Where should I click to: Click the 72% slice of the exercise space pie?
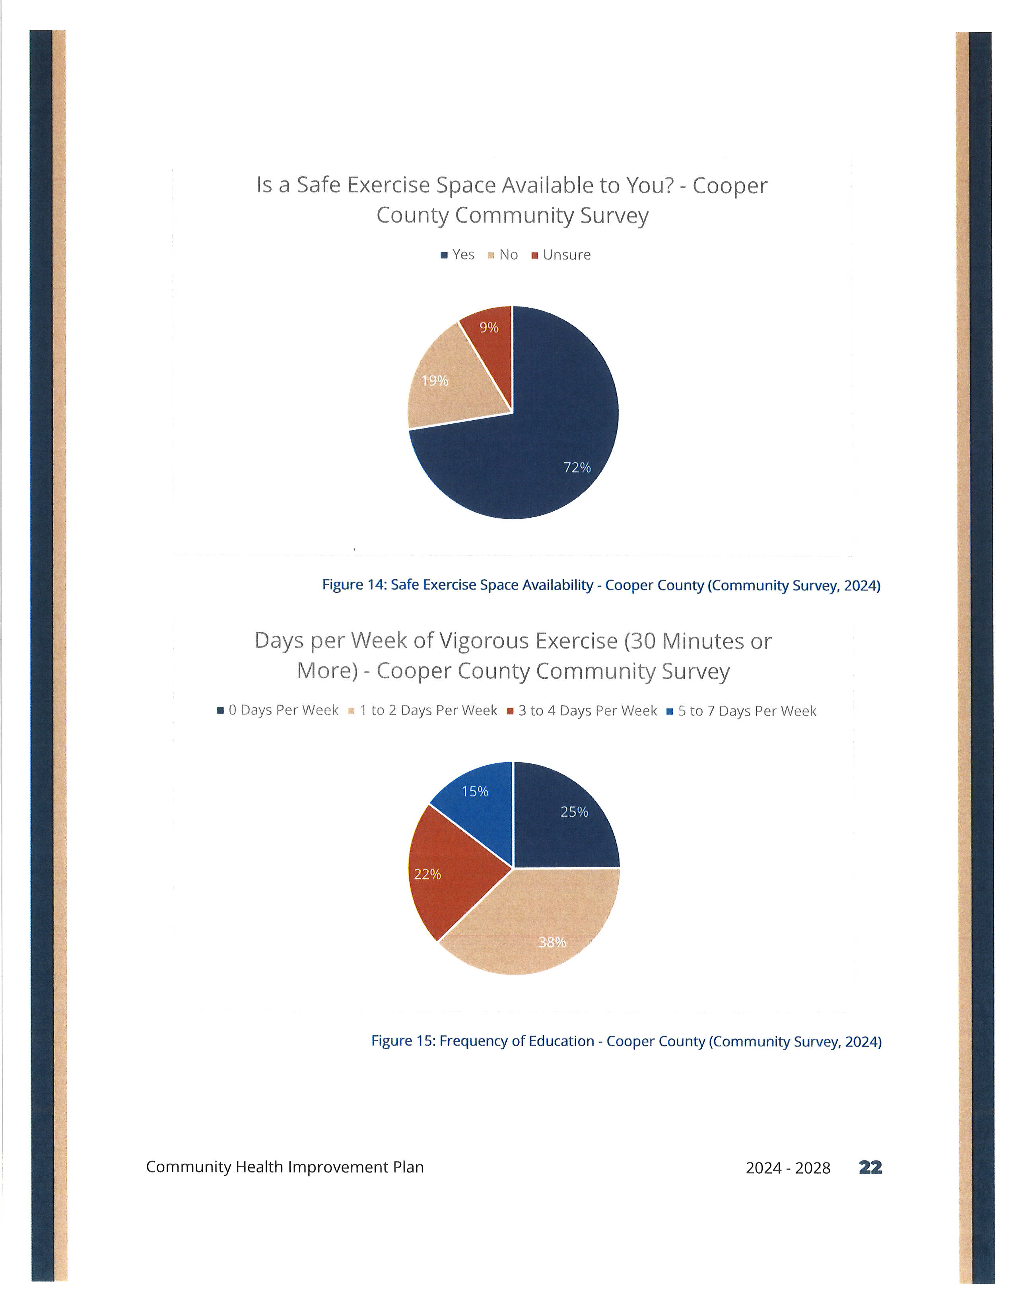[x=541, y=444]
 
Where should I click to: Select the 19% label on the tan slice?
[x=434, y=381]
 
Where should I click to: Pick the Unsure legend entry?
[x=561, y=255]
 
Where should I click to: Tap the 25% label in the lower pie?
[x=574, y=812]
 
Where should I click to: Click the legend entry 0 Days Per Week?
[x=278, y=711]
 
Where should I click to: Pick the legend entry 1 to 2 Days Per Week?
[x=423, y=711]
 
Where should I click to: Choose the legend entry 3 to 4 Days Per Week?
[x=582, y=711]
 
